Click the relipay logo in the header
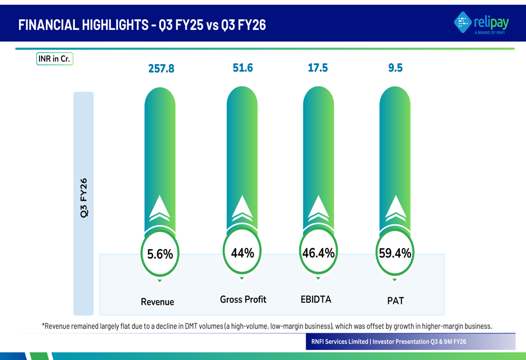(481, 23)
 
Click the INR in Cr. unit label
(54, 59)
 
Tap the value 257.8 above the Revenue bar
(161, 69)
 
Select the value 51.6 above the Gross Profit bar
(242, 68)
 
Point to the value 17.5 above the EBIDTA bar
(318, 68)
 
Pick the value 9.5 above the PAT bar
(395, 68)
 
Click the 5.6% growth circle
(160, 254)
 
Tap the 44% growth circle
(242, 253)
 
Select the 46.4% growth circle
(318, 253)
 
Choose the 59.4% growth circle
(395, 253)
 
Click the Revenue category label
(157, 302)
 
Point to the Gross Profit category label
(243, 300)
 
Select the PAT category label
(395, 301)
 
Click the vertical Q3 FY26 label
(84, 198)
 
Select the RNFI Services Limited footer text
(340, 342)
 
